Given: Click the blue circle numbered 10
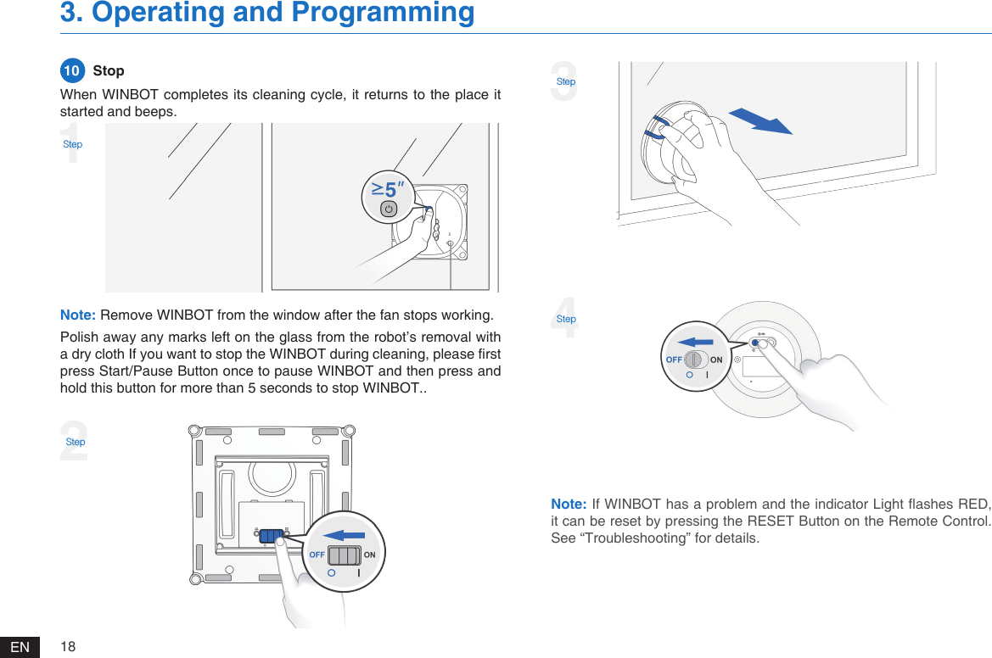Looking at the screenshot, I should point(72,70).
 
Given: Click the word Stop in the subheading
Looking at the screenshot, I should point(109,70).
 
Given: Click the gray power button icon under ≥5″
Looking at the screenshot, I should point(389,209).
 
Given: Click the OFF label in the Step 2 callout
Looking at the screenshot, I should point(317,555).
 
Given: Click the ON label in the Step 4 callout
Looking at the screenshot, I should point(717,360).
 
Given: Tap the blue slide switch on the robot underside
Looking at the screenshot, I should point(272,536).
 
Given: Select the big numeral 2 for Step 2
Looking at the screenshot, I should point(74,443).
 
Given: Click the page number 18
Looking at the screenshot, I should point(68,647).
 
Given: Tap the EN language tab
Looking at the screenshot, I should point(20,648).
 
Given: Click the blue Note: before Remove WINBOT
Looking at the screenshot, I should point(78,316).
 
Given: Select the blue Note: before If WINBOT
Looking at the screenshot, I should point(569,506).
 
